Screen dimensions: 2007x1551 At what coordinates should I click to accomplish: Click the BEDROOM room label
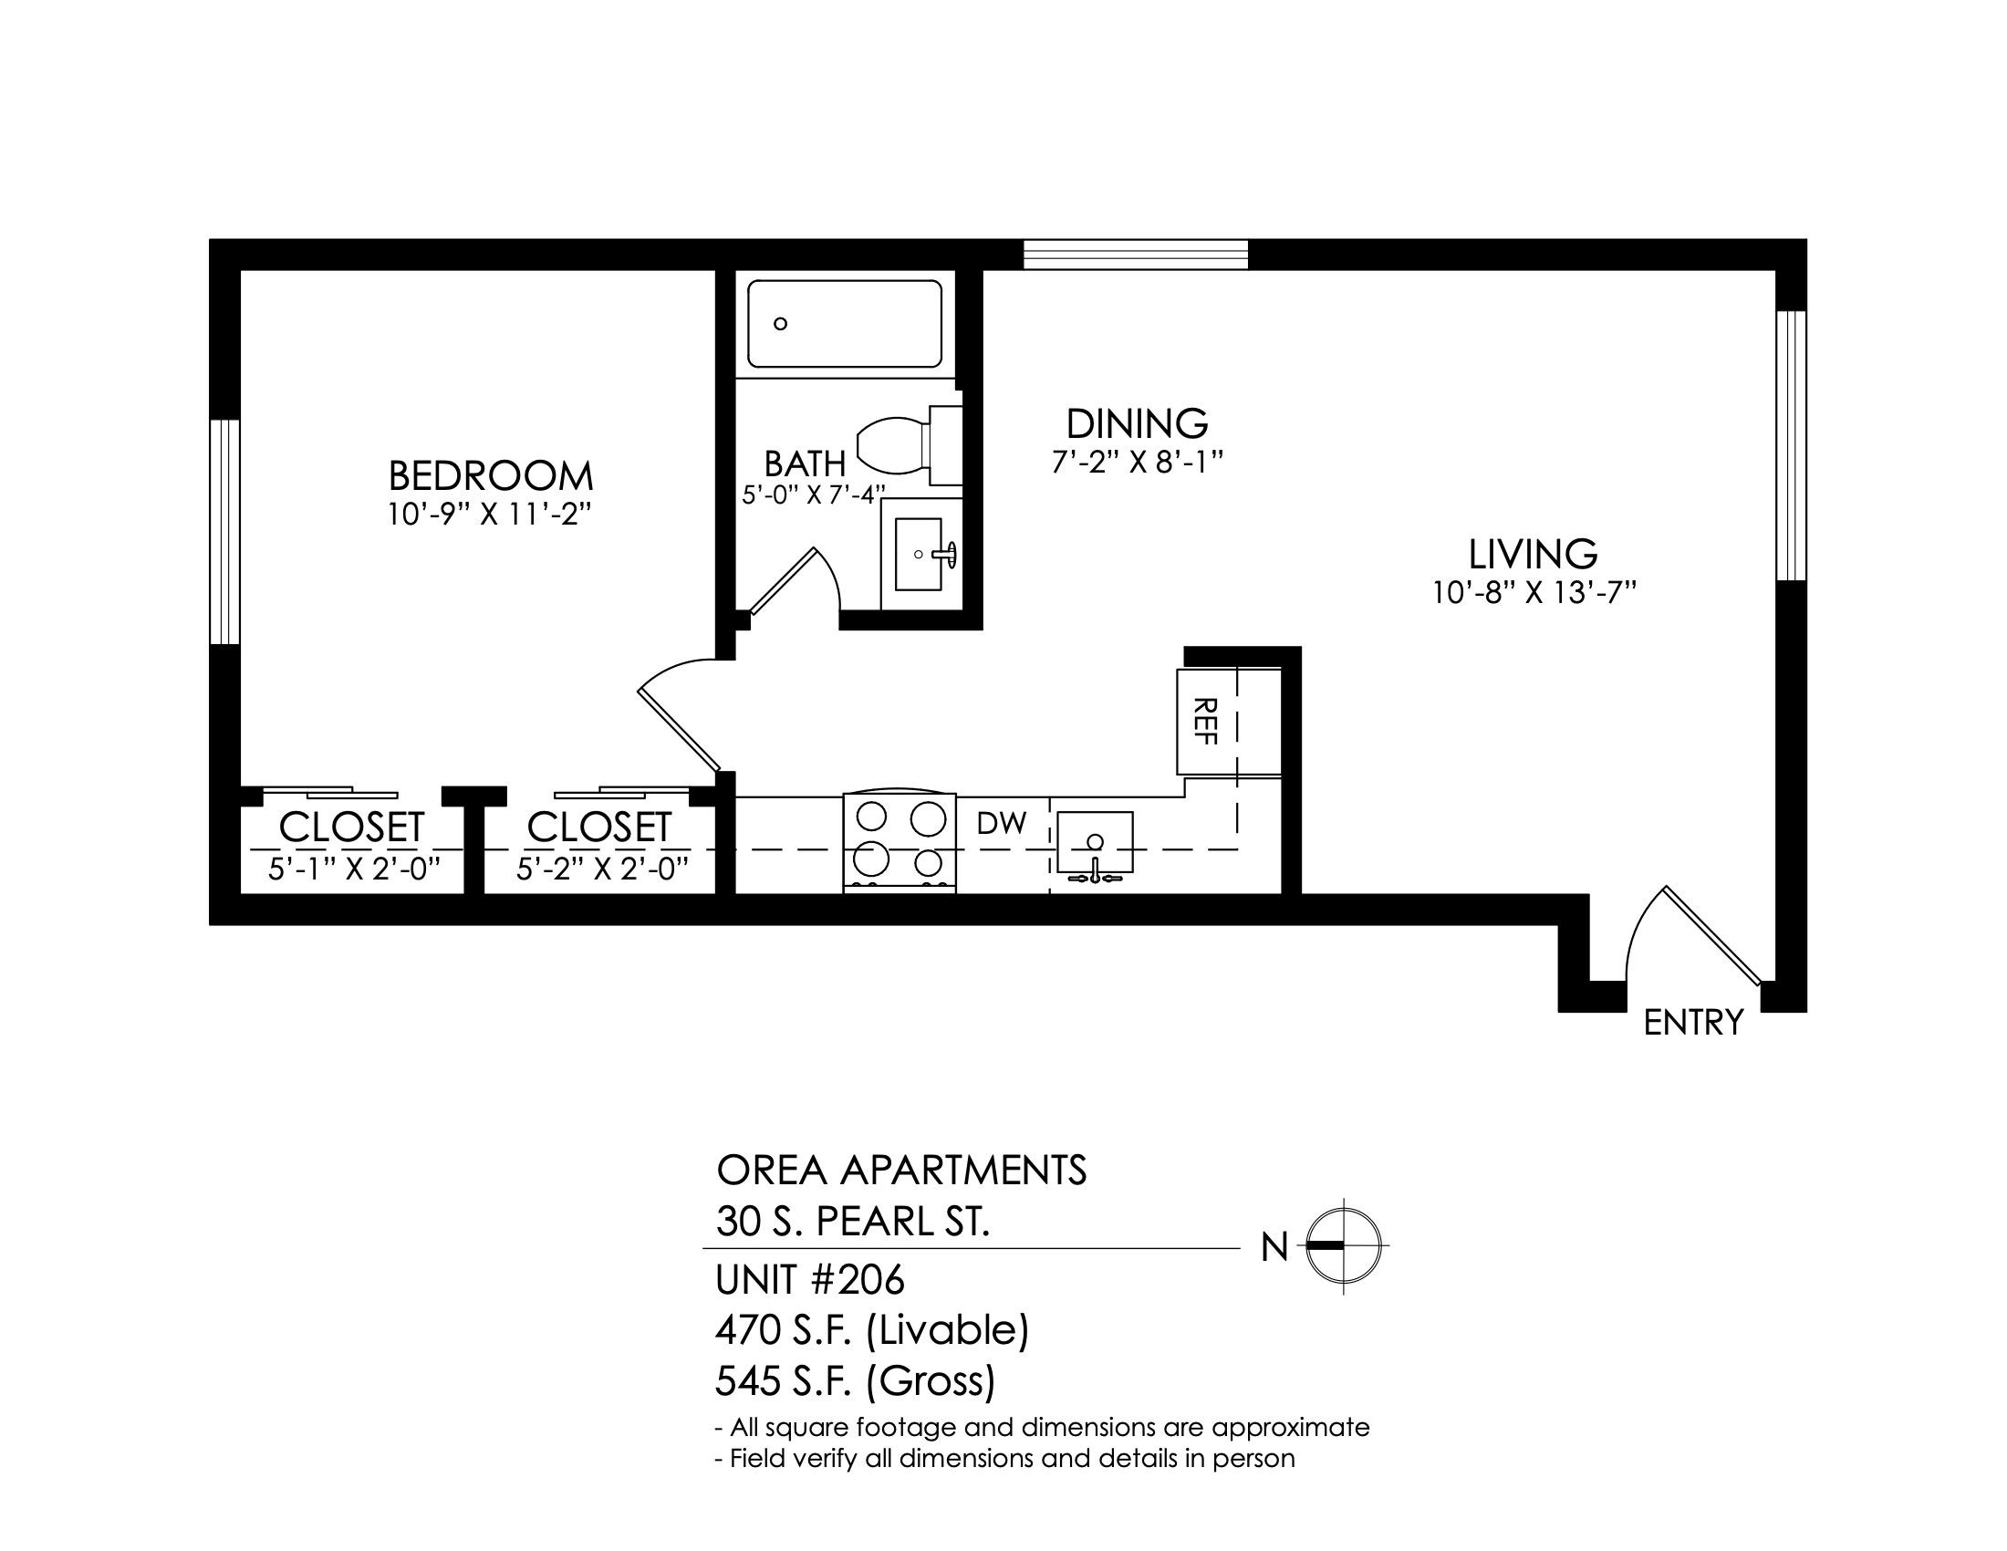(491, 476)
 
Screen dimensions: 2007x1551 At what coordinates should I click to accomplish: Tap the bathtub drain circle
(780, 324)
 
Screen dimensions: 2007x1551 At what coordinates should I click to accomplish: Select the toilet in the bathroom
(909, 445)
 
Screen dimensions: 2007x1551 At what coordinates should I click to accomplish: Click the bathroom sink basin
(918, 554)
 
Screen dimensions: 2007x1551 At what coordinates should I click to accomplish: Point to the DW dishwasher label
(1001, 823)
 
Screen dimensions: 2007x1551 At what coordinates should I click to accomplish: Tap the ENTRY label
(1692, 1023)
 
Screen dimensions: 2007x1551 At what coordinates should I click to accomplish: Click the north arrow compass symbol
(1344, 1247)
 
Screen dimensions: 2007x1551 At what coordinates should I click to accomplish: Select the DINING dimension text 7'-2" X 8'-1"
(1138, 462)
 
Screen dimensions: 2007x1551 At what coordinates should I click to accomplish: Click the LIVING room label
(1533, 554)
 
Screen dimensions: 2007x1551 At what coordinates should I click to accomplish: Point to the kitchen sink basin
(1095, 842)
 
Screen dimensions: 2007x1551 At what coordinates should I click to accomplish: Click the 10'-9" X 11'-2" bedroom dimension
(487, 515)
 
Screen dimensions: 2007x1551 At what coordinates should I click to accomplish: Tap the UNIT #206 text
(809, 1279)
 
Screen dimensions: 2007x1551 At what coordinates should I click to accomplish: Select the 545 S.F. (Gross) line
(855, 1381)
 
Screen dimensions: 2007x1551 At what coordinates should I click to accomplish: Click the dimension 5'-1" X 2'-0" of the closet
(354, 869)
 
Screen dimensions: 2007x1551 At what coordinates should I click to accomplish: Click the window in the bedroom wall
(225, 532)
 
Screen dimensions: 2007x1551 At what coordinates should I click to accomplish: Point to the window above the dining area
(1136, 255)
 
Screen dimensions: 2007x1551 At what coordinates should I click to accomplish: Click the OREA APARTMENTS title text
(901, 1171)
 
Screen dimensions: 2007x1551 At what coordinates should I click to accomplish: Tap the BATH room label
(805, 464)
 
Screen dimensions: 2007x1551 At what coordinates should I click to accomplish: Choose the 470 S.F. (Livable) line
(872, 1330)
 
